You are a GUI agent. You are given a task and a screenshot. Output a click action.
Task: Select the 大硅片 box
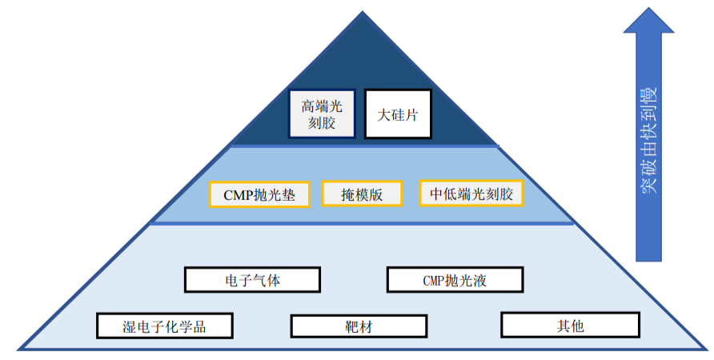(398, 114)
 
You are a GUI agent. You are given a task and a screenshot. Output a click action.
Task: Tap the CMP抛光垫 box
(259, 195)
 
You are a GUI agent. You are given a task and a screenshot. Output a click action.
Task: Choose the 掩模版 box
(361, 194)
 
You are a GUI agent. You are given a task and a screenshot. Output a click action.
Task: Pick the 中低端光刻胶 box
(471, 194)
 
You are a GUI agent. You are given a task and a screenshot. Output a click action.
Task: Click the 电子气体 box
(252, 279)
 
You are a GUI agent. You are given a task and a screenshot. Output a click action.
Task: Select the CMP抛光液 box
(455, 279)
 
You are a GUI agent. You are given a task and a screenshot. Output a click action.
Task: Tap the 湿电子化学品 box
(165, 326)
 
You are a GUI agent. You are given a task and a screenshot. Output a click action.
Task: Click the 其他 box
(570, 325)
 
